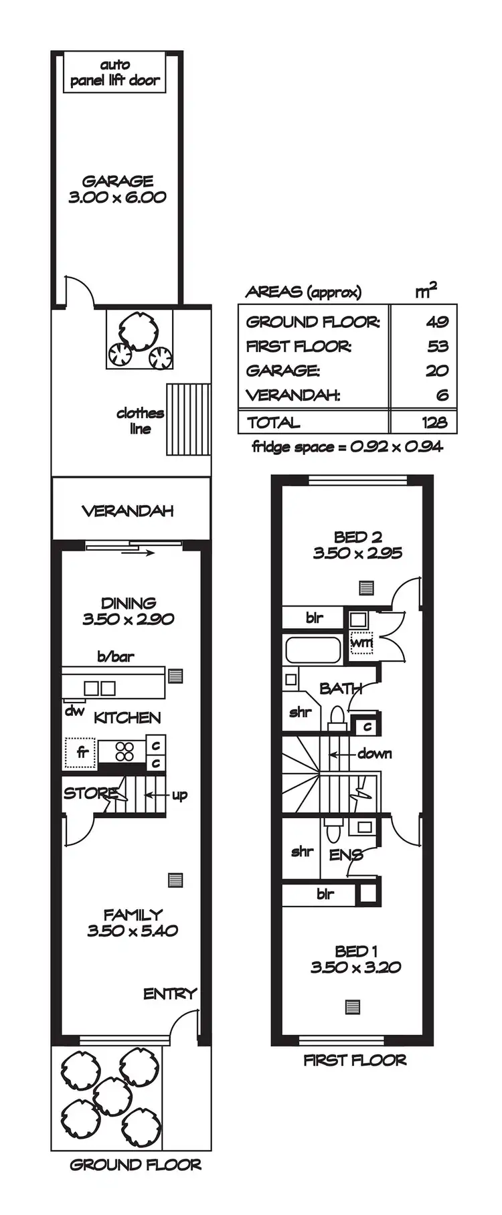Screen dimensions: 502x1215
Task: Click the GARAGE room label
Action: [118, 181]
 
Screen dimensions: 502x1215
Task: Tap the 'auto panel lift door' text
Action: [115, 73]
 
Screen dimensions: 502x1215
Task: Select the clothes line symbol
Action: [188, 419]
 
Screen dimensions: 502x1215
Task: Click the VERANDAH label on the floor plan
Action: [127, 511]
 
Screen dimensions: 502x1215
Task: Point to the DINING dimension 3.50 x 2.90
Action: [129, 620]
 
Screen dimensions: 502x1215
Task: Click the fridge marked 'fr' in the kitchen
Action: [82, 752]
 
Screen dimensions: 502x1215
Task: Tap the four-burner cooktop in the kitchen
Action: [124, 752]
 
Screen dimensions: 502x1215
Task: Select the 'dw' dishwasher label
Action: [74, 711]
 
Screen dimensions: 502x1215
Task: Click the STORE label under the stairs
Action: [90, 794]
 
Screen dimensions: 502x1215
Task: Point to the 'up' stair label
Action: [179, 796]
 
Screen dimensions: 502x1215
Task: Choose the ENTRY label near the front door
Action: [170, 994]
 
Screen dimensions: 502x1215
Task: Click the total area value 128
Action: [435, 423]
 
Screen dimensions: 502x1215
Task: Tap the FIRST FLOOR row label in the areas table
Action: [299, 347]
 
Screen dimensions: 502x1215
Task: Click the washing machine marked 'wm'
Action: [361, 643]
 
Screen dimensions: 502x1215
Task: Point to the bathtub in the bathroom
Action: [313, 650]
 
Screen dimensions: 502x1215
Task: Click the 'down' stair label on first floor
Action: [375, 754]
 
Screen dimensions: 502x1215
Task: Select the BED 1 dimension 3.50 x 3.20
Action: [355, 967]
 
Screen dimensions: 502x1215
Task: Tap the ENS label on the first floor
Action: [346, 855]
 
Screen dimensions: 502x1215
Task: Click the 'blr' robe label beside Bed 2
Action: [315, 618]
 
